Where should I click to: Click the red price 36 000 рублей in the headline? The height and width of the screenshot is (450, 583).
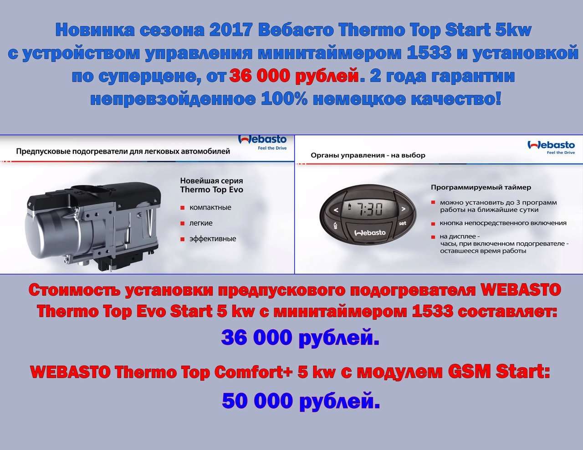pyautogui.click(x=294, y=76)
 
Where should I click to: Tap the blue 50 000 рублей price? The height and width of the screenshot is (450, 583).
pyautogui.click(x=301, y=401)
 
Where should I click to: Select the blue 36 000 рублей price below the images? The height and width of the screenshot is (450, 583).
pyautogui.click(x=300, y=337)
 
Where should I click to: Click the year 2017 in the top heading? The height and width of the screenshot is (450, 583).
pyautogui.click(x=230, y=30)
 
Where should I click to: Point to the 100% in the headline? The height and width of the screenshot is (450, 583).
pyautogui.click(x=284, y=99)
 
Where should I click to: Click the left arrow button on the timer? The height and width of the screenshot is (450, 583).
pyautogui.click(x=336, y=210)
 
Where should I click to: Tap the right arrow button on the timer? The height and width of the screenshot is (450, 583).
pyautogui.click(x=403, y=209)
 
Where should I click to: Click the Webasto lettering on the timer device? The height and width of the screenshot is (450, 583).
pyautogui.click(x=370, y=232)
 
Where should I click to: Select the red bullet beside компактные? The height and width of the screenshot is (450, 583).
pyautogui.click(x=183, y=208)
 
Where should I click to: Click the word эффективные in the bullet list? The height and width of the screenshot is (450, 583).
pyautogui.click(x=213, y=239)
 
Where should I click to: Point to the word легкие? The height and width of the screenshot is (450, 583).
pyautogui.click(x=201, y=223)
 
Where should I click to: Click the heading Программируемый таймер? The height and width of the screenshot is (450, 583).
pyautogui.click(x=481, y=187)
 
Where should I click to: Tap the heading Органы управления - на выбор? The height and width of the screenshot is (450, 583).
pyautogui.click(x=368, y=155)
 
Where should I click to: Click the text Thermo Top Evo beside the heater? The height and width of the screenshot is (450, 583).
pyautogui.click(x=212, y=189)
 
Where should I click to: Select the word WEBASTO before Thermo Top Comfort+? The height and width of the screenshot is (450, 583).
pyautogui.click(x=70, y=372)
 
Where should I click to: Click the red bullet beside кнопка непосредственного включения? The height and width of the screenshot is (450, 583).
pyautogui.click(x=433, y=223)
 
